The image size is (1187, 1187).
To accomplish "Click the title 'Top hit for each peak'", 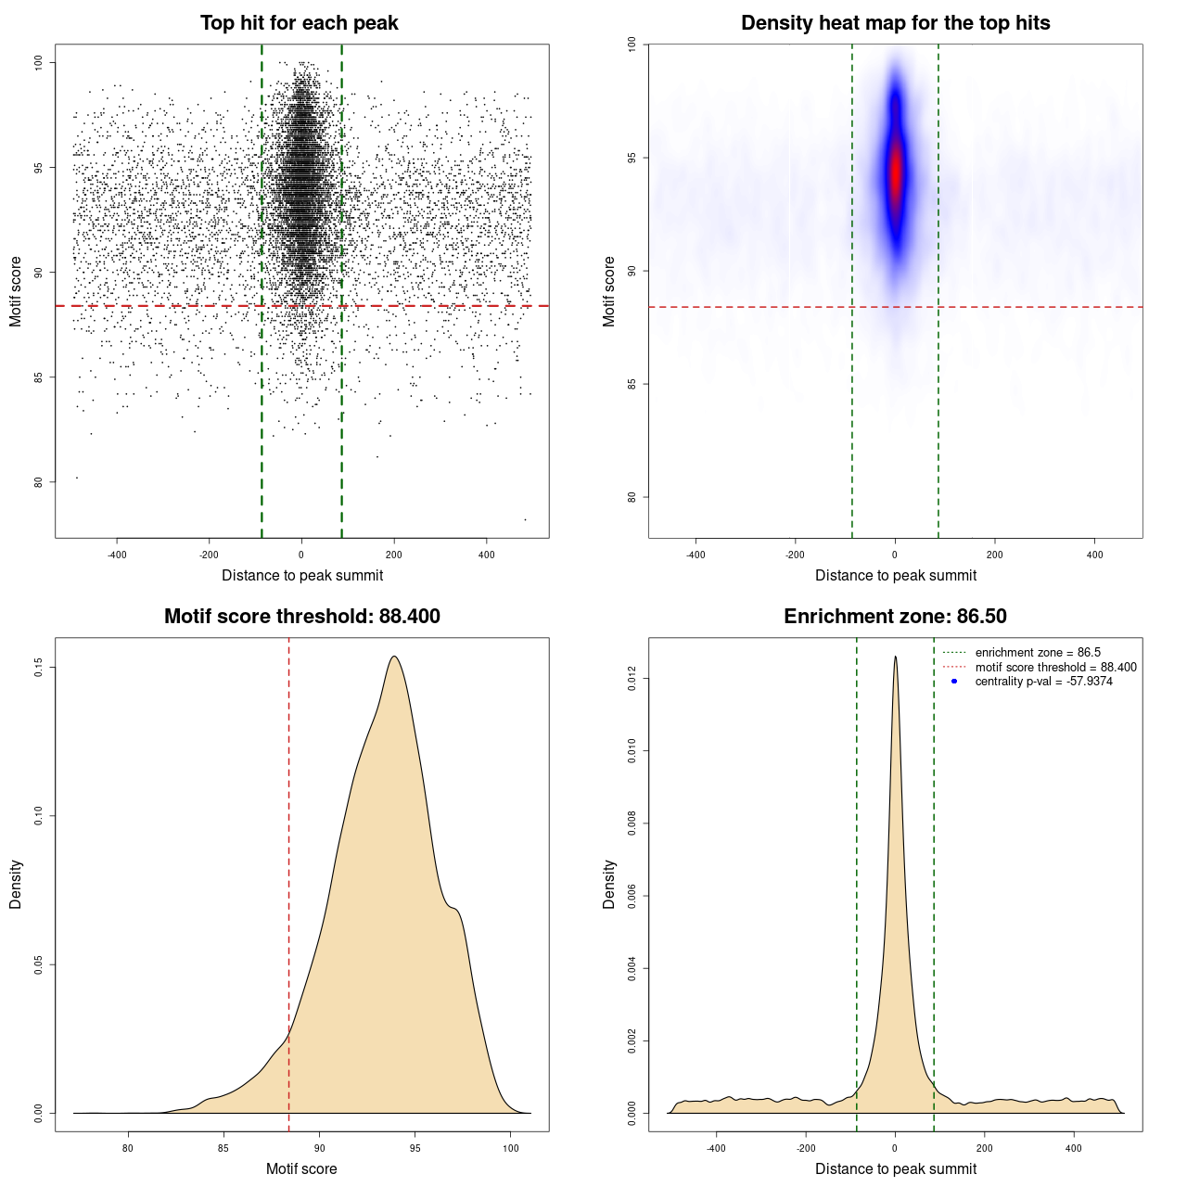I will coord(299,23).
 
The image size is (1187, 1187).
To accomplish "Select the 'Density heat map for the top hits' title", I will coord(895,23).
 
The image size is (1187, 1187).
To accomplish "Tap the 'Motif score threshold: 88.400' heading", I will coord(301,617).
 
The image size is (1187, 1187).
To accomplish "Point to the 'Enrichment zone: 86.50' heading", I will coord(895,617).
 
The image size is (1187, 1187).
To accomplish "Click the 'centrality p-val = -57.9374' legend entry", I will coord(1043,682).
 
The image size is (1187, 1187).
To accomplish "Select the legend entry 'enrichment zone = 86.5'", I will coord(1038,653).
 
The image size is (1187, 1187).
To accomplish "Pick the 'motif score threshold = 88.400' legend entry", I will coord(1055,668).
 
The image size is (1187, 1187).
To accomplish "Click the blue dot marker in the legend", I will coord(954,682).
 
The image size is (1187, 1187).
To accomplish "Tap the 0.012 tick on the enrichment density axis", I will coord(632,680).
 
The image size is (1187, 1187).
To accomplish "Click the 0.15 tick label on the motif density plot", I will coord(38,668).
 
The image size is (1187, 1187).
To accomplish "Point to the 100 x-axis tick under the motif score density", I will coord(511,1148).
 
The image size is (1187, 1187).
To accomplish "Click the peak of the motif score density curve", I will coord(395,657).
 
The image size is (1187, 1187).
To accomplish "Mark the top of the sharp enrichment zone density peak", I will coord(895,657).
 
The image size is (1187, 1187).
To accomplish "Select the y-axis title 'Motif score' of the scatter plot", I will coord(16,291).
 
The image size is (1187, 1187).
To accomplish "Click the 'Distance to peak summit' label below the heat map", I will coord(895,575).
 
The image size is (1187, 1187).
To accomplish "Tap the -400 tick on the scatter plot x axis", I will coord(117,555).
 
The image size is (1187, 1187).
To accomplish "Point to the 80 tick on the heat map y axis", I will coord(632,497).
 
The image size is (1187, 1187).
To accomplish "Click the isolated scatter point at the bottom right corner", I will coord(525,519).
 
